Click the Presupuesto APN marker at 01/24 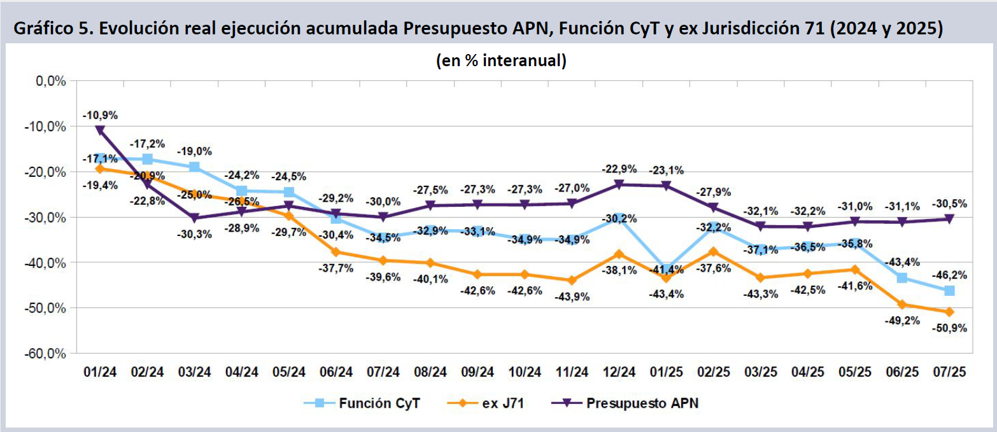pyautogui.click(x=100, y=130)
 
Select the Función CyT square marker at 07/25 pyautogui.click(x=949, y=291)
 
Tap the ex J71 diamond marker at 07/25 pyautogui.click(x=949, y=312)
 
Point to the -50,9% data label pyautogui.click(x=949, y=328)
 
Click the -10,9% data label pyautogui.click(x=100, y=115)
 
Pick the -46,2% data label pyautogui.click(x=949, y=275)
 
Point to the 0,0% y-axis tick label pyautogui.click(x=52, y=81)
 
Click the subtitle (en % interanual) pyautogui.click(x=501, y=60)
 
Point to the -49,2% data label pyautogui.click(x=902, y=320)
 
